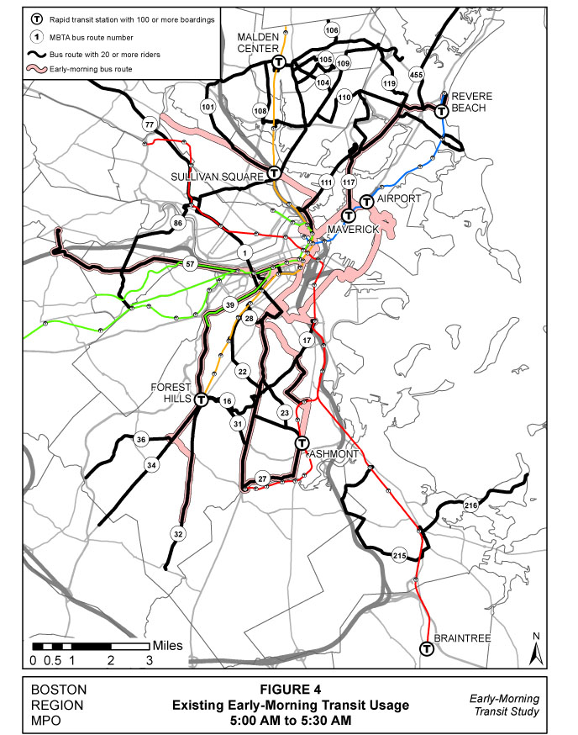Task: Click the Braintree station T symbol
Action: [x=427, y=648]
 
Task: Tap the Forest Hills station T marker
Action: [x=202, y=400]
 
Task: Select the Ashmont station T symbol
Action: [x=302, y=443]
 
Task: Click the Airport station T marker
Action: [x=366, y=202]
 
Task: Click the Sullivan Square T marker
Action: [x=274, y=174]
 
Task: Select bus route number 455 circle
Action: [x=416, y=75]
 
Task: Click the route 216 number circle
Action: [x=470, y=505]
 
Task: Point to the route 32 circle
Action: [x=178, y=534]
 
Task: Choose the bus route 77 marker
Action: [x=150, y=124]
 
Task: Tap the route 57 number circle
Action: [x=191, y=265]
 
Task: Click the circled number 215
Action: [x=399, y=555]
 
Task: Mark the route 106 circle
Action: [x=332, y=30]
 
